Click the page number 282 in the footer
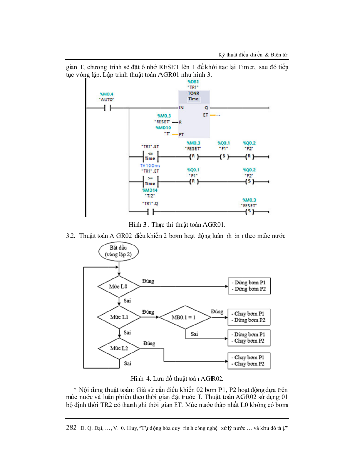pyautogui.click(x=71, y=427)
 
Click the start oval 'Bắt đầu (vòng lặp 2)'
pyautogui.click(x=118, y=251)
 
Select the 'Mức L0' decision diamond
pyautogui.click(x=119, y=287)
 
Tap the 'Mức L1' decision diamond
pyautogui.click(x=119, y=317)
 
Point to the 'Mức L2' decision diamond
pyautogui.click(x=119, y=348)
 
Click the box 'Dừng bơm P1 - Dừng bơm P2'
pyautogui.click(x=249, y=286)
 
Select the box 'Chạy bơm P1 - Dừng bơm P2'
pyautogui.click(x=249, y=317)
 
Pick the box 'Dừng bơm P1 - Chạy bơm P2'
pyautogui.click(x=249, y=338)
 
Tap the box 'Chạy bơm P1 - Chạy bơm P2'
pyautogui.click(x=249, y=361)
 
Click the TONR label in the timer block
pyautogui.click(x=194, y=93)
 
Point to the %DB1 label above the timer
pyautogui.click(x=193, y=82)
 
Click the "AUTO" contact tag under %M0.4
pyautogui.click(x=106, y=100)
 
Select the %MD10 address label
pyautogui.click(x=163, y=128)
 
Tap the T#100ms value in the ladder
pyautogui.click(x=150, y=166)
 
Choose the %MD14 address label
pyautogui.click(x=150, y=190)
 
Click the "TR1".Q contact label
pyautogui.click(x=150, y=203)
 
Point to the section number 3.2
pyautogui.click(x=71, y=236)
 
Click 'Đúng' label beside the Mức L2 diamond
pyautogui.click(x=149, y=343)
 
